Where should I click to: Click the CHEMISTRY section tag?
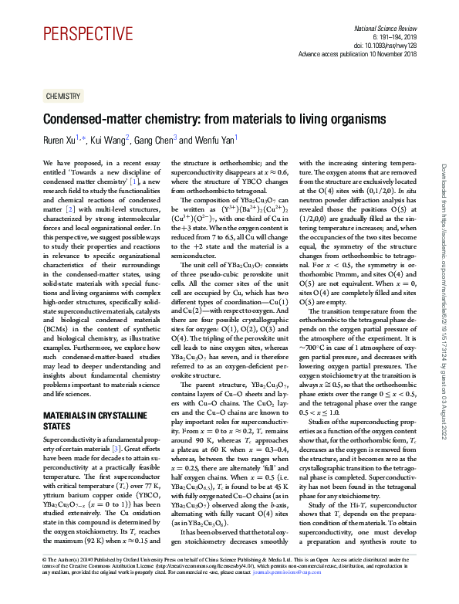62,96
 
